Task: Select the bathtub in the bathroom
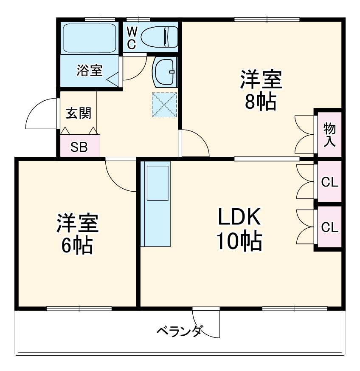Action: tap(90, 38)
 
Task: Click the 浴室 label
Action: tap(89, 71)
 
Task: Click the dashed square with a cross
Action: tap(164, 105)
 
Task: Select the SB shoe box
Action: tap(79, 147)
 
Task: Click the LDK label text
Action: tap(239, 218)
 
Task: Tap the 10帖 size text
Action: tap(239, 242)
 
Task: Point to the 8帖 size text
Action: tap(260, 102)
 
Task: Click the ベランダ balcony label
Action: tap(180, 331)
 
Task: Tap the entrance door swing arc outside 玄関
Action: tap(40, 114)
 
